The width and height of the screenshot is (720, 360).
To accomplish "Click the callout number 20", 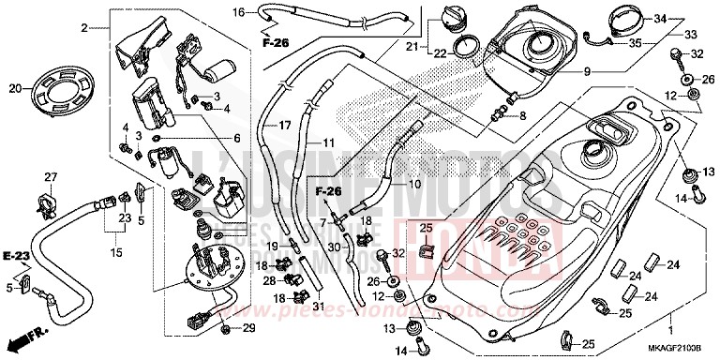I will click(x=14, y=89).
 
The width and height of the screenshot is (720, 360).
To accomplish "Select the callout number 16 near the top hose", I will click(x=238, y=12).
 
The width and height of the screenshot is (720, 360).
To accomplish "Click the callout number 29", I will click(x=248, y=327).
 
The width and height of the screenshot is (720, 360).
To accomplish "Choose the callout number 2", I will click(x=83, y=28).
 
